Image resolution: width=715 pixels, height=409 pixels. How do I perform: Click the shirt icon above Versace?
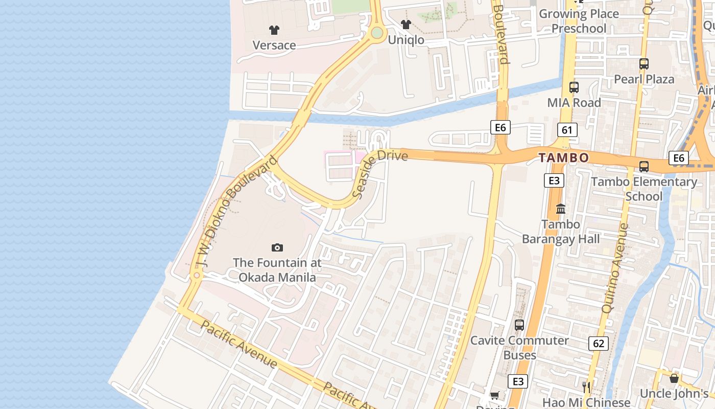pos(274,30)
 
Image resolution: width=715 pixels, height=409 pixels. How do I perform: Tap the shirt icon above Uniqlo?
pos(406,24)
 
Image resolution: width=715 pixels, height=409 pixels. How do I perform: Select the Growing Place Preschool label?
pos(579,21)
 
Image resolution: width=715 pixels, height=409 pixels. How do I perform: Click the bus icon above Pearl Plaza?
pos(644,64)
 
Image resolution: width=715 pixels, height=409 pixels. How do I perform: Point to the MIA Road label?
pos(574,103)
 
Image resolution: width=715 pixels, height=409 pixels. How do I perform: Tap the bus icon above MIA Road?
pos(574,87)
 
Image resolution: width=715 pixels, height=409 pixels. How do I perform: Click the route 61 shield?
pos(567,130)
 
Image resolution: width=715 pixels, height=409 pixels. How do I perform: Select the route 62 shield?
pos(598,344)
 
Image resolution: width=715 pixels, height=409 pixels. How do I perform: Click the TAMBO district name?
pos(564,158)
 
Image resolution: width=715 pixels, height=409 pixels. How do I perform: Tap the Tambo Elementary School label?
pos(643,189)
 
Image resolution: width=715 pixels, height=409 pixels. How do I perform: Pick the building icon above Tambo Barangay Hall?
pos(561,209)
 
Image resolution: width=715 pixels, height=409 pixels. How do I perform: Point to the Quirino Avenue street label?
pos(614,268)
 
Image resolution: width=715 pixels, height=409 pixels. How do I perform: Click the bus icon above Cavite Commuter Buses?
pos(519,325)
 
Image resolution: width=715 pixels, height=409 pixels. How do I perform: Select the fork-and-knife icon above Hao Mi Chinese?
pos(586,387)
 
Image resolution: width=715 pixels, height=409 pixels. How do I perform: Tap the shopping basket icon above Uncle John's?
pos(674,378)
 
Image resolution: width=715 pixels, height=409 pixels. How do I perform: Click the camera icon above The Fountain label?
pos(277,248)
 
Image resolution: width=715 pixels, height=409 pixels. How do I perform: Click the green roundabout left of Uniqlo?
pos(377,33)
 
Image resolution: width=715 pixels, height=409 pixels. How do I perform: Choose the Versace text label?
pos(274,46)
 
